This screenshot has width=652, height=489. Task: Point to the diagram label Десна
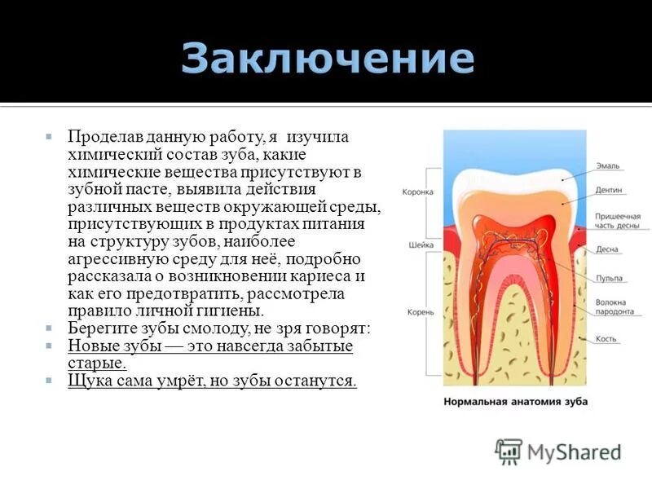[607, 250]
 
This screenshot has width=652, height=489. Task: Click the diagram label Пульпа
[609, 278]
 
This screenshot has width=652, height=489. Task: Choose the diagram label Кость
[606, 338]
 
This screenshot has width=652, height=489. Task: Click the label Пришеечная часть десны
[616, 221]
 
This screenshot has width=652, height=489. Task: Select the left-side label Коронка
[418, 192]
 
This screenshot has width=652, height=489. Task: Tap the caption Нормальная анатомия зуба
[515, 401]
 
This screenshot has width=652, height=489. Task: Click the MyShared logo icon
[509, 451]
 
